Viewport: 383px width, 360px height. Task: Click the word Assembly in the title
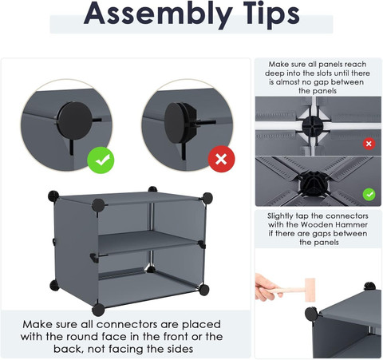click(158, 14)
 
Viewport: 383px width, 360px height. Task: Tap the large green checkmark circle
click(101, 160)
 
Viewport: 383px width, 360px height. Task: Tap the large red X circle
click(221, 159)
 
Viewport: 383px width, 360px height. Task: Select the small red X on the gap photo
click(369, 144)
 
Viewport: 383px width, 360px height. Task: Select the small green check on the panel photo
click(369, 195)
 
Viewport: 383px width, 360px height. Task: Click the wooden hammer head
click(310, 290)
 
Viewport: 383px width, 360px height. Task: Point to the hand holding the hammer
click(266, 287)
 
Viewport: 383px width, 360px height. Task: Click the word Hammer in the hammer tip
click(352, 224)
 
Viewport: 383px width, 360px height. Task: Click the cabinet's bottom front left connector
click(98, 310)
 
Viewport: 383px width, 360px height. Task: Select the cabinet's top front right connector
click(207, 198)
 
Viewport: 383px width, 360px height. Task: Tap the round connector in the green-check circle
click(74, 121)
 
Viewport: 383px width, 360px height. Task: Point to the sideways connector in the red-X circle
click(180, 123)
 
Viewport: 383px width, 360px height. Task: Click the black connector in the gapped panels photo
click(313, 126)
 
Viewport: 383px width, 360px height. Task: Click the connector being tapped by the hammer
click(311, 314)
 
